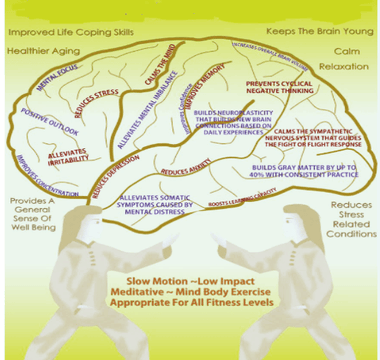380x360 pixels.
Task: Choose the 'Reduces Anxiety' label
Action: [x=186, y=172]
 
